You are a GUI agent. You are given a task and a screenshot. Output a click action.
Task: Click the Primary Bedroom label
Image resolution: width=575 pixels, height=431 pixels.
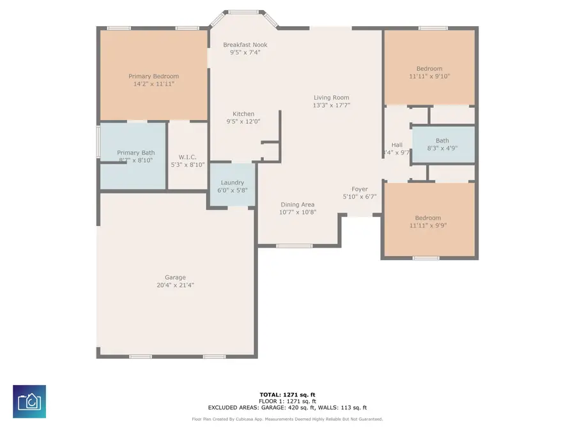click(x=153, y=76)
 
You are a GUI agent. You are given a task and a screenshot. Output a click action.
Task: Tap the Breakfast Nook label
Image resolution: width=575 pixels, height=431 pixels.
click(x=245, y=45)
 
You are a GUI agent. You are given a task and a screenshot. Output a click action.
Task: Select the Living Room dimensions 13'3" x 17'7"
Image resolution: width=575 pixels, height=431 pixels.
click(x=331, y=105)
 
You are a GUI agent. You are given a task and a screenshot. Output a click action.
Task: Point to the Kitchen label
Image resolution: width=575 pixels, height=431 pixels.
click(x=243, y=114)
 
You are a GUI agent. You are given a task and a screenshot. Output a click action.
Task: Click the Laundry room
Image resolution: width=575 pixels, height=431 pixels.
click(x=233, y=185)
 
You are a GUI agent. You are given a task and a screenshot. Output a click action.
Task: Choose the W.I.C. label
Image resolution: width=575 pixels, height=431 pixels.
click(x=187, y=157)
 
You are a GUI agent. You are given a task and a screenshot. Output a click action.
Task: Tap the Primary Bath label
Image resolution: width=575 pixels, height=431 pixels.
click(x=135, y=153)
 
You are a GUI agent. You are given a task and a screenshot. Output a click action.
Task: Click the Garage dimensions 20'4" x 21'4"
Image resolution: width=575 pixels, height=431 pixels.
click(x=175, y=285)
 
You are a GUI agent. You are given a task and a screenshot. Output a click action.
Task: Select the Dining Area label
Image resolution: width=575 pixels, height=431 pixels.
click(x=298, y=204)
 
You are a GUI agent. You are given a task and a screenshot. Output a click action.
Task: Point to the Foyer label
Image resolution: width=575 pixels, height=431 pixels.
click(x=360, y=189)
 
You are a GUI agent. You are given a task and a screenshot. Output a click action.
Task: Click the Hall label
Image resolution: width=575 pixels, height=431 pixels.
click(x=397, y=145)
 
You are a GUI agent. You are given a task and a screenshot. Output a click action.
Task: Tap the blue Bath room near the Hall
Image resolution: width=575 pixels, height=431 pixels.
click(x=443, y=144)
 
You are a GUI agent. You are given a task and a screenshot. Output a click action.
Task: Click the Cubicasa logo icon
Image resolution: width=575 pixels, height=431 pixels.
click(x=29, y=402)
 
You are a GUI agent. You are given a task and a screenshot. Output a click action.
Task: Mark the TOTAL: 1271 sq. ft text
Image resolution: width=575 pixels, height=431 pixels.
click(x=287, y=395)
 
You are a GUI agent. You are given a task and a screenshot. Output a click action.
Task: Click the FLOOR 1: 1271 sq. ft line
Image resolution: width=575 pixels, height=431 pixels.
click(x=287, y=401)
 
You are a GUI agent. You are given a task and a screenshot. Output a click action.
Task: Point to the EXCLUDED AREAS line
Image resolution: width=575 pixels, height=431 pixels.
click(x=287, y=407)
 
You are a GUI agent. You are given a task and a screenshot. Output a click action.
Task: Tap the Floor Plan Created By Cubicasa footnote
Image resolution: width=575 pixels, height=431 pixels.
click(x=287, y=420)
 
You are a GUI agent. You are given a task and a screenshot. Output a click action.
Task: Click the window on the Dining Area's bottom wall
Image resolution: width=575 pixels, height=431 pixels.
click(x=295, y=246)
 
